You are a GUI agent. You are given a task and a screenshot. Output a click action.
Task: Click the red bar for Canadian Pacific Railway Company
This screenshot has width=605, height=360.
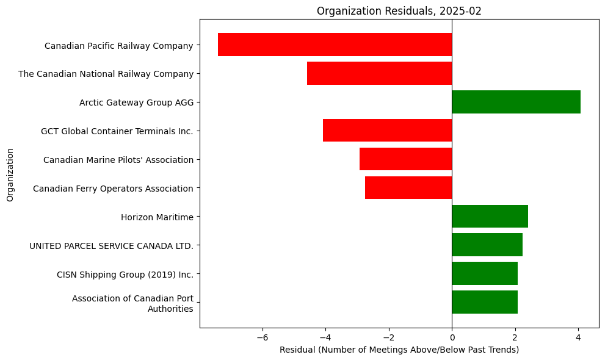point(335,45)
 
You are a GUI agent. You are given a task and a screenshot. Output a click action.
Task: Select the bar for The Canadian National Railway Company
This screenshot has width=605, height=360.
point(379,73)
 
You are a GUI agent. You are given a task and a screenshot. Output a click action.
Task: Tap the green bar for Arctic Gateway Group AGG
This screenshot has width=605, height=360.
point(516,102)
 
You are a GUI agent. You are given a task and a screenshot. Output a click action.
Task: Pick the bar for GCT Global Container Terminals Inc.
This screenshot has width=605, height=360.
point(387,131)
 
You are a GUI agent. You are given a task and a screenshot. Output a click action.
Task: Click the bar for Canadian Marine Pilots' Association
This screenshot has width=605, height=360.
point(405,159)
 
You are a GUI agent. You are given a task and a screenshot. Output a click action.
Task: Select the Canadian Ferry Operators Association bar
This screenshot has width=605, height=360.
point(408,188)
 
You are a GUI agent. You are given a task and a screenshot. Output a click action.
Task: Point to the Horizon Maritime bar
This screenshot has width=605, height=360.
point(490,217)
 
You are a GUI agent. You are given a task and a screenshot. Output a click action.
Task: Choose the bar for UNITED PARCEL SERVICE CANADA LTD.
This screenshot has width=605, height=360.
point(487,245)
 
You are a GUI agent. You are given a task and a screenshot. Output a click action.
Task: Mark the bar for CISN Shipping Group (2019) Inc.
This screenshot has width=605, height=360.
point(484,274)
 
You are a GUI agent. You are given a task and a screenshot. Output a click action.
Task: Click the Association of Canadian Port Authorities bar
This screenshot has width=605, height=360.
point(484,302)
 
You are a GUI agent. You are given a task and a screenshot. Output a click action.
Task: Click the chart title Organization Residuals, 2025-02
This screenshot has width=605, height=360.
point(399,10)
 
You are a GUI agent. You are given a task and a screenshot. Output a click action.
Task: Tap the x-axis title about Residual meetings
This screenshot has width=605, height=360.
point(399,350)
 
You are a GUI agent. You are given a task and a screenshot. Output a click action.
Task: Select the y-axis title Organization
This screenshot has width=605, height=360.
point(10,174)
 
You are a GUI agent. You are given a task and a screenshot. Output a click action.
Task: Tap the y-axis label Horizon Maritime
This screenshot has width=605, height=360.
point(157,217)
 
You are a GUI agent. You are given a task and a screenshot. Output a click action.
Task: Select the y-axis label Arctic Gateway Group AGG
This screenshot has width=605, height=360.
point(136,103)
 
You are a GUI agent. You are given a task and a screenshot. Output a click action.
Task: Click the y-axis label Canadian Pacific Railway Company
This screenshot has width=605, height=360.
point(118,45)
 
